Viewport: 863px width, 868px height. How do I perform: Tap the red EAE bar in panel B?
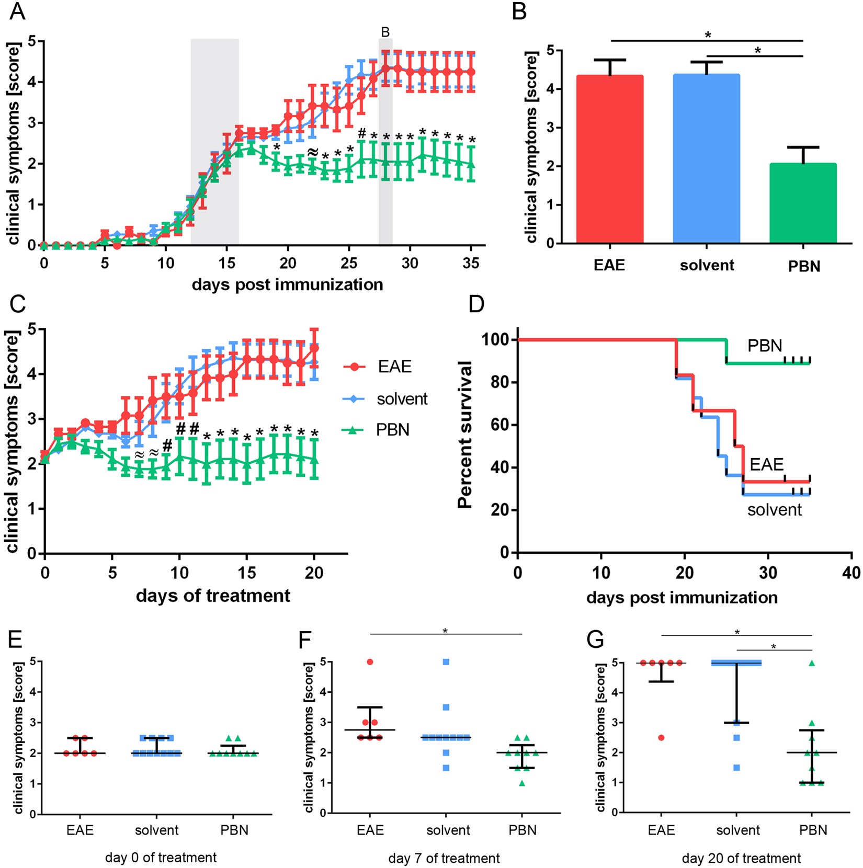point(609,159)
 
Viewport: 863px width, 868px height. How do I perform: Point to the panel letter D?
point(476,304)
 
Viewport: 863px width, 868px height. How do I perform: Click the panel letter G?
point(595,639)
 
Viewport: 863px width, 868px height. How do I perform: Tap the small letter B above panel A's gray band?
point(385,32)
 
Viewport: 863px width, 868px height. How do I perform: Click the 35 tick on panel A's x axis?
point(471,263)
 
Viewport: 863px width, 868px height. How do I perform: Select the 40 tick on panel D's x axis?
point(851,573)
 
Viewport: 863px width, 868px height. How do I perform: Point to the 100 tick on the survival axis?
point(495,340)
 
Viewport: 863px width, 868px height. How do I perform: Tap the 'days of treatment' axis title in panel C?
point(213,596)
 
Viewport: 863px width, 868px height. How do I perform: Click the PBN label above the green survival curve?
point(765,346)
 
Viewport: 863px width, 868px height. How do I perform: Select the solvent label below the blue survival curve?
point(774,510)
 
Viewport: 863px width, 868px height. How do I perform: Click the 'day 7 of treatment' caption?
point(444,858)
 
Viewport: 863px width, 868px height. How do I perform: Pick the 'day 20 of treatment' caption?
point(741,858)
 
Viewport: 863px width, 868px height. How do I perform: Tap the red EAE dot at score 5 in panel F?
point(370,662)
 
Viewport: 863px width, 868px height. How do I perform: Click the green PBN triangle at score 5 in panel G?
point(812,663)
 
